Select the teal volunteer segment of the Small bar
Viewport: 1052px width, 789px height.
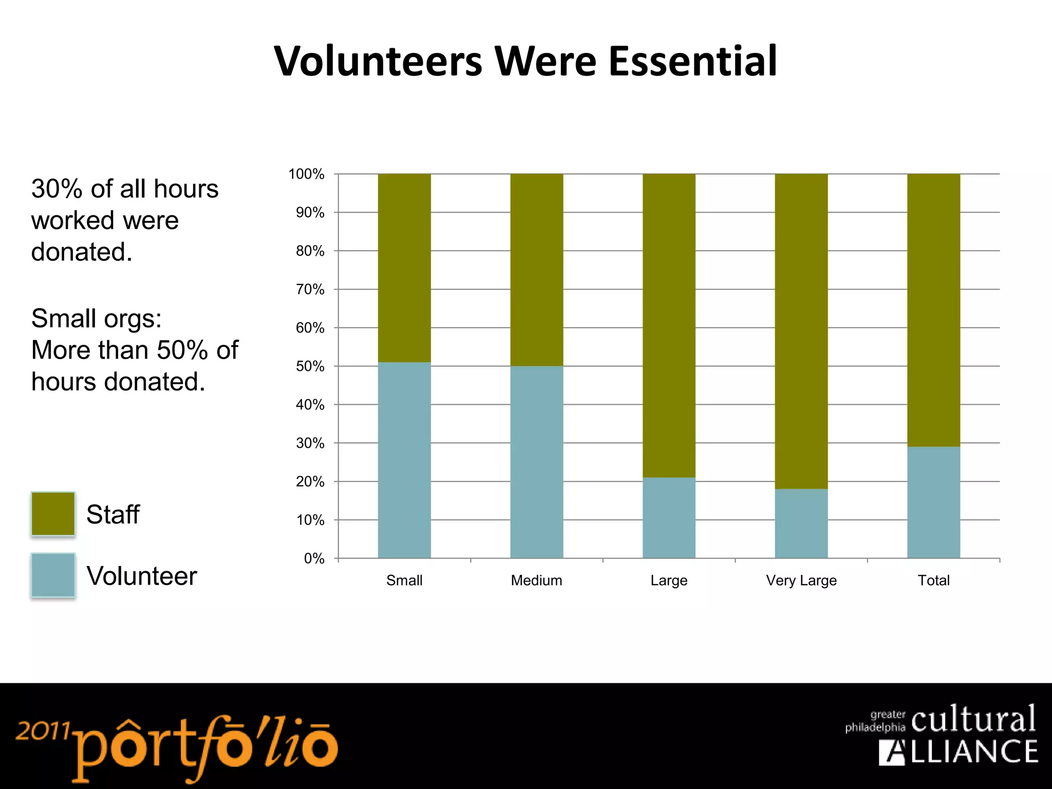[x=404, y=460]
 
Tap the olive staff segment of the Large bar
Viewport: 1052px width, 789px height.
[x=669, y=326]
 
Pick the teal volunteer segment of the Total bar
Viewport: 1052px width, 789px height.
[x=933, y=502]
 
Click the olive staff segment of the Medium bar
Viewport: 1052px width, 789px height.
[x=536, y=270]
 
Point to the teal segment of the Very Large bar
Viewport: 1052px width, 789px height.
[x=801, y=523]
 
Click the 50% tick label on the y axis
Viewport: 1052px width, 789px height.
[x=310, y=366]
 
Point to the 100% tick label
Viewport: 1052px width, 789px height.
[x=307, y=174]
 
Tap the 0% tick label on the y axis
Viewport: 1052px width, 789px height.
[x=314, y=558]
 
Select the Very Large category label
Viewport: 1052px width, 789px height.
[x=801, y=580]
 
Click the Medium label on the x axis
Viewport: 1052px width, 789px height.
[x=536, y=580]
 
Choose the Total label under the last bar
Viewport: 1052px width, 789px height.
[x=933, y=580]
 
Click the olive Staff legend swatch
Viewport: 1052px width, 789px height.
[x=53, y=514]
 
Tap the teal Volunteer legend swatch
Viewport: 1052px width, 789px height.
[x=53, y=575]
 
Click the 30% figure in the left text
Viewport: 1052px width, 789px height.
[x=57, y=189]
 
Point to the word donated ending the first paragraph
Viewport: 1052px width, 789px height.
[x=81, y=252]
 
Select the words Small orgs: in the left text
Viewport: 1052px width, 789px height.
[x=97, y=318]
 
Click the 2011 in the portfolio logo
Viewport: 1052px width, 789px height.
[x=42, y=730]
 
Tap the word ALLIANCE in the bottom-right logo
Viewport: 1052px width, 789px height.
[x=959, y=752]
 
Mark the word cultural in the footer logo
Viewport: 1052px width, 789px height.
[x=973, y=719]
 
